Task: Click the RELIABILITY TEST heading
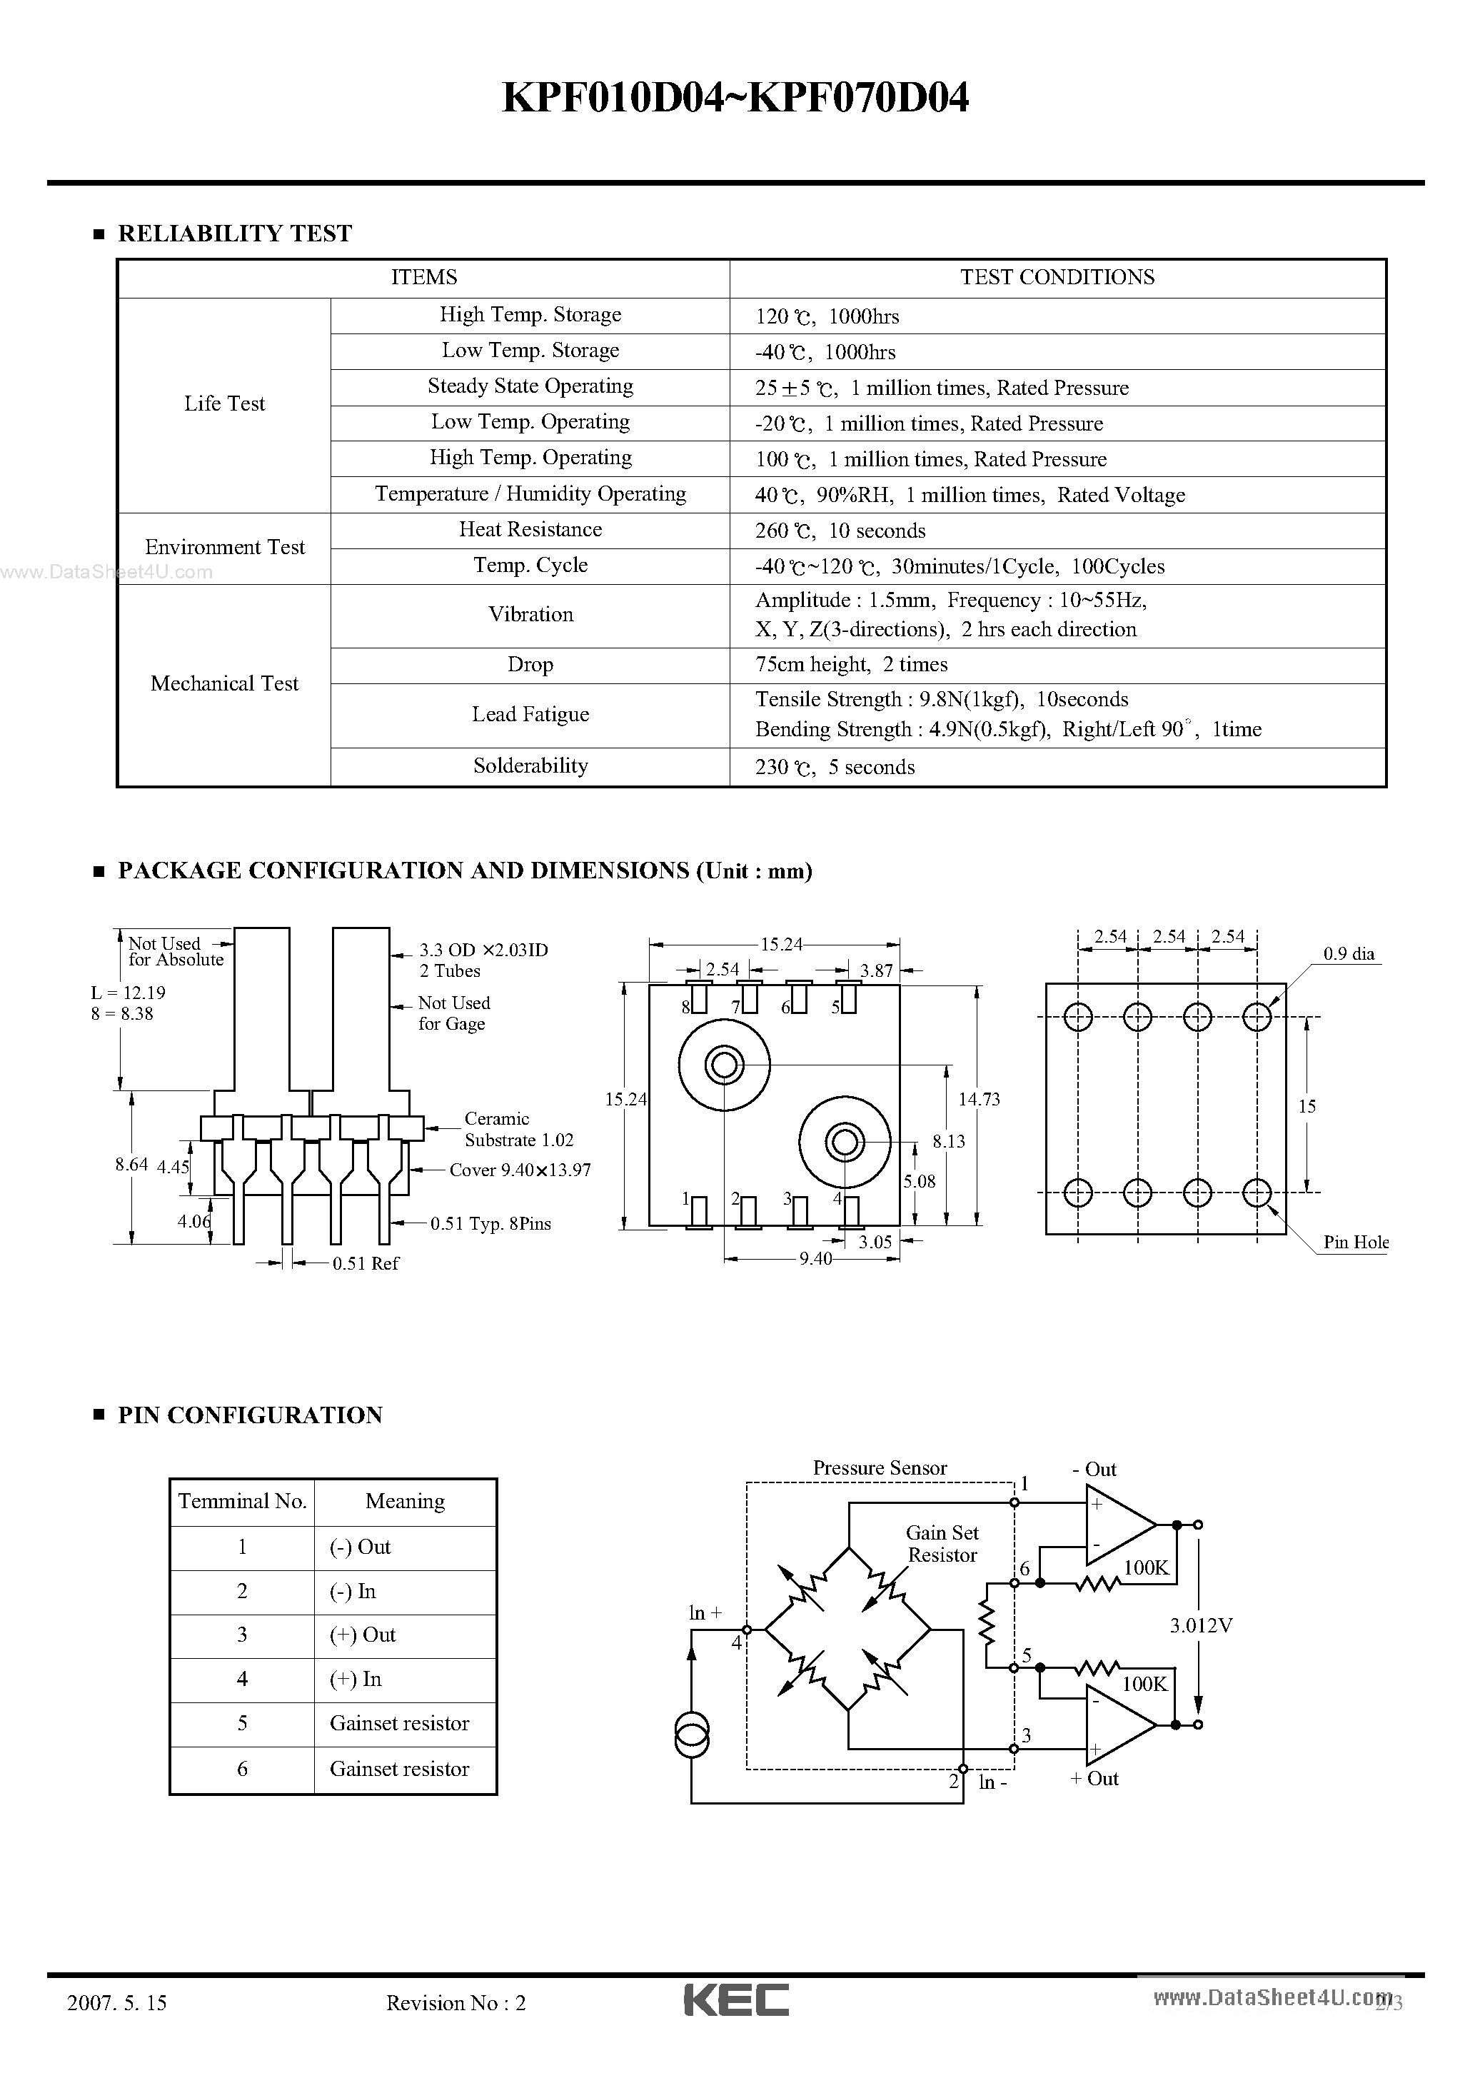[235, 234]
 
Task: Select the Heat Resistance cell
[530, 530]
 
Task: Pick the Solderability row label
[530, 766]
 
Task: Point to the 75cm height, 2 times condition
[851, 665]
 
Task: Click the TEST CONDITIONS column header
[1057, 277]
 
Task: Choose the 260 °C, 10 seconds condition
[840, 531]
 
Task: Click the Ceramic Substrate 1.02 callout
[518, 1130]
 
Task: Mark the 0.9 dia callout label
[1349, 954]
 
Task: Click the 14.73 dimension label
[979, 1100]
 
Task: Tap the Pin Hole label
[1355, 1243]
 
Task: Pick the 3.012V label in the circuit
[1200, 1625]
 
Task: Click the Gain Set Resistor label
[942, 1543]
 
